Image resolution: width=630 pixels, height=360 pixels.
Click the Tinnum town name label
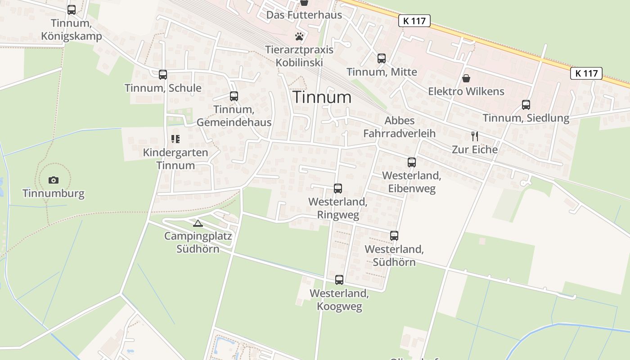pyautogui.click(x=322, y=97)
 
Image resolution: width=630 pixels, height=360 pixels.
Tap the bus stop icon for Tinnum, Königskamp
pyautogui.click(x=72, y=10)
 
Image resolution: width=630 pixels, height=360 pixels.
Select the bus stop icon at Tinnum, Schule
pyautogui.click(x=163, y=75)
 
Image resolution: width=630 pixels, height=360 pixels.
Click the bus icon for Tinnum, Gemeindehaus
pyautogui.click(x=234, y=96)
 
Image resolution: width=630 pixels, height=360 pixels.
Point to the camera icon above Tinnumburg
pyautogui.click(x=54, y=180)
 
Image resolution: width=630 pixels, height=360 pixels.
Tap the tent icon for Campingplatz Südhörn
pyautogui.click(x=198, y=223)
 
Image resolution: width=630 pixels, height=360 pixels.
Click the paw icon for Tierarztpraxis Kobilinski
pyautogui.click(x=300, y=36)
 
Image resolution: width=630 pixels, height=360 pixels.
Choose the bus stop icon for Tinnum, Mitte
pyautogui.click(x=382, y=58)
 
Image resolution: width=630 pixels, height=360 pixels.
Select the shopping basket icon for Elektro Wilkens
pyautogui.click(x=466, y=78)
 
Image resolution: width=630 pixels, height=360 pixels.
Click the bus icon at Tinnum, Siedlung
pyautogui.click(x=526, y=105)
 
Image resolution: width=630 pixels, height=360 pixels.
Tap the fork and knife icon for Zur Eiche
pyautogui.click(x=475, y=136)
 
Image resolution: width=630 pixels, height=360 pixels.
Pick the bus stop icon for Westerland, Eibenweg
pyautogui.click(x=412, y=162)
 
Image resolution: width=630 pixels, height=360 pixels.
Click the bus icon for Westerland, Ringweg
pyautogui.click(x=338, y=189)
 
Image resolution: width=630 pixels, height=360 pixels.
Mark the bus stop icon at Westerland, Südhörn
pyautogui.click(x=394, y=235)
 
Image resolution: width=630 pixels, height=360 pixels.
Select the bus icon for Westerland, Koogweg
pyautogui.click(x=339, y=280)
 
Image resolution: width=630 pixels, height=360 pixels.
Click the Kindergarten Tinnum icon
pyautogui.click(x=175, y=139)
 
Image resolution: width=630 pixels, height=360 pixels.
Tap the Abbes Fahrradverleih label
pyautogui.click(x=400, y=127)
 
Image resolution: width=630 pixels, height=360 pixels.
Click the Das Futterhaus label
pyautogui.click(x=304, y=15)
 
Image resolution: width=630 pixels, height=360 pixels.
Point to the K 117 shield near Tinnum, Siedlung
pyautogui.click(x=586, y=73)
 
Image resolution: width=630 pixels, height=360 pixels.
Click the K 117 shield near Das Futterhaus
pyautogui.click(x=414, y=20)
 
